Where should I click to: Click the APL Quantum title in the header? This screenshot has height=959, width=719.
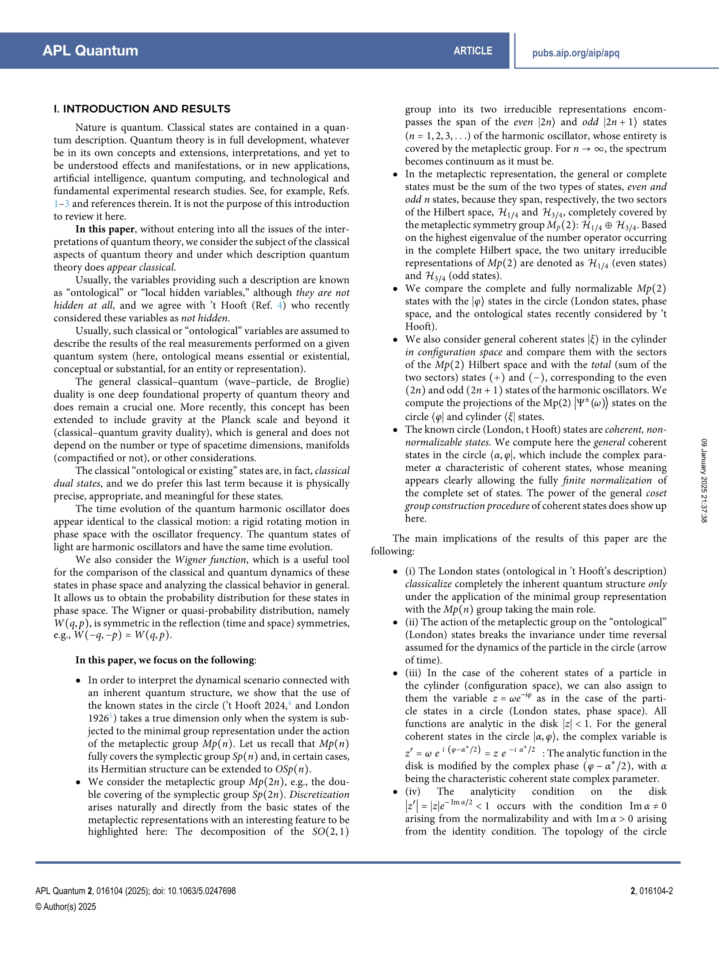click(90, 51)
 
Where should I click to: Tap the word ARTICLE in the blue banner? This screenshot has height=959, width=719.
click(473, 51)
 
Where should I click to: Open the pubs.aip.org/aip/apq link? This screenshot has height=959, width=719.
click(575, 53)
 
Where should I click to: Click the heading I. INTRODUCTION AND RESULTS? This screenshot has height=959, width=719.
click(142, 109)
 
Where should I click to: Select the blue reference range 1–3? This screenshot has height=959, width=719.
click(61, 204)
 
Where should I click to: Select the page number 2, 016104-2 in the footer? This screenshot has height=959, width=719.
click(651, 891)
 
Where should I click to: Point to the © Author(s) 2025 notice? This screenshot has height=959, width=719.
click(66, 907)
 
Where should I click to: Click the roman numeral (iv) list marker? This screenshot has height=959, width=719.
click(413, 791)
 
